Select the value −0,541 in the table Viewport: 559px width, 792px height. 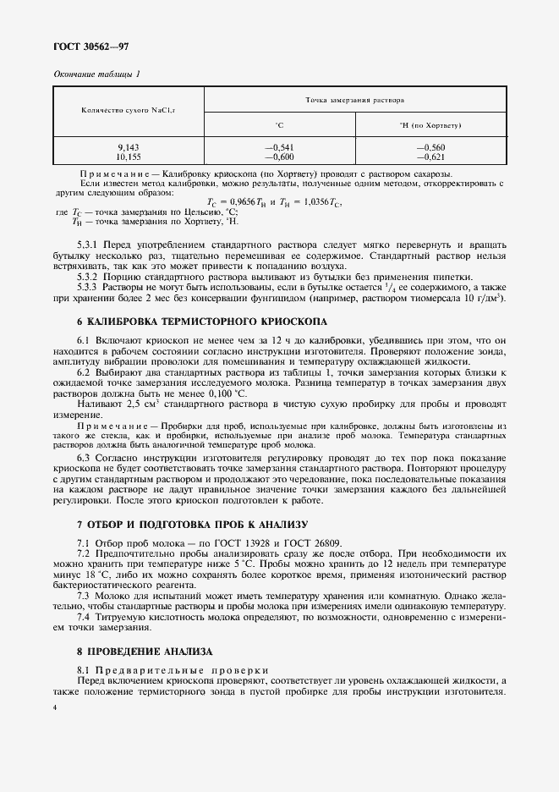(x=280, y=148)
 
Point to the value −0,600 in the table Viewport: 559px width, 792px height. (x=280, y=157)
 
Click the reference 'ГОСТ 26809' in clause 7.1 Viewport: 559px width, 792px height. (x=306, y=542)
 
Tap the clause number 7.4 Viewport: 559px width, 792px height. (x=85, y=618)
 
